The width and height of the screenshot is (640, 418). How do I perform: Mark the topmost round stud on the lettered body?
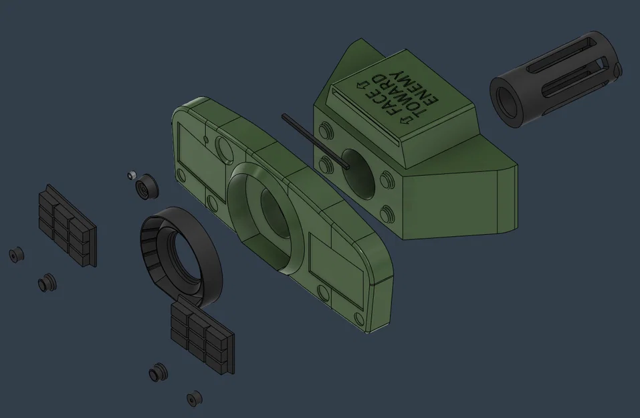click(326, 128)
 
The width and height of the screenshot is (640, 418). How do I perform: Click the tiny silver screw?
click(131, 175)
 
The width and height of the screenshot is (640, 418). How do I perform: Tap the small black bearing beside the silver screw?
click(146, 186)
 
